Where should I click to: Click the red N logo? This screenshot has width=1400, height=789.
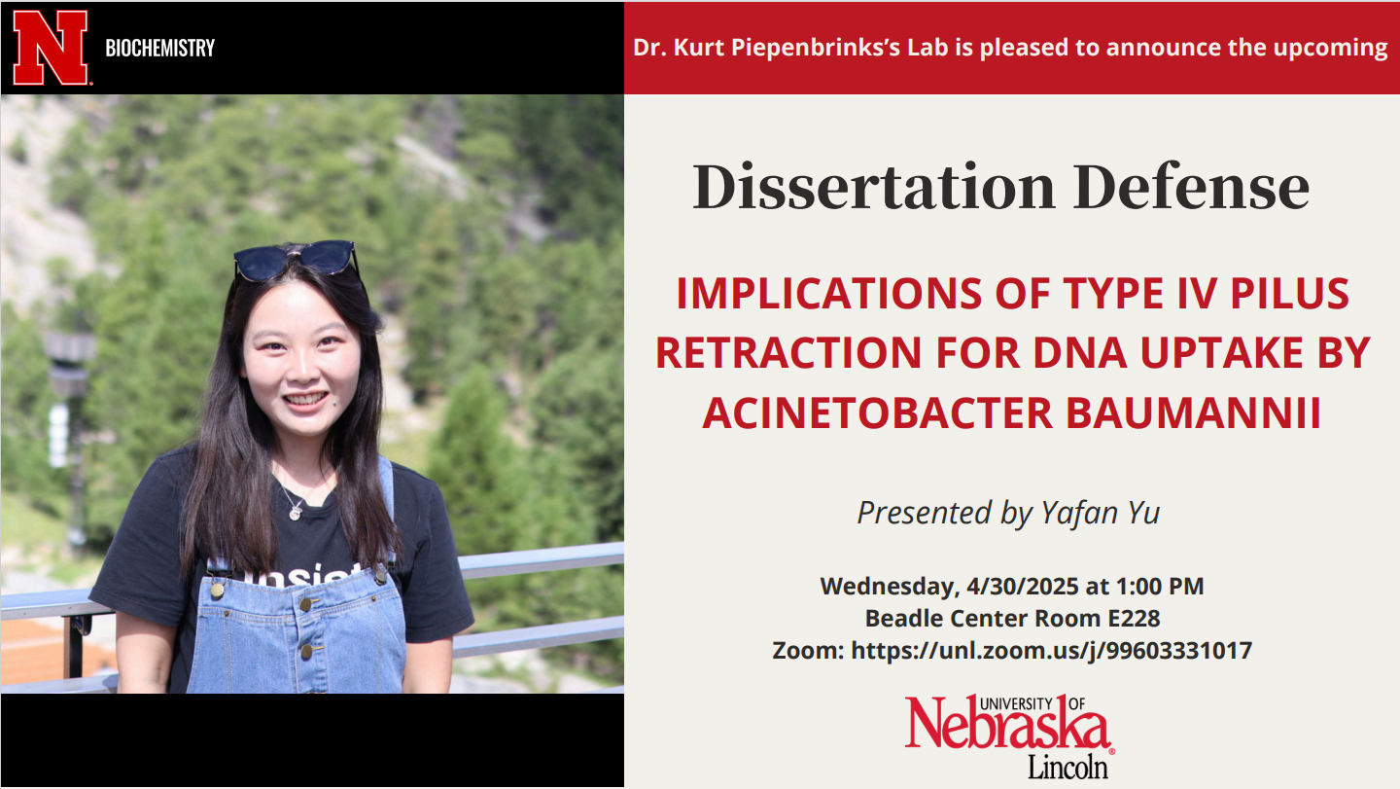click(x=50, y=48)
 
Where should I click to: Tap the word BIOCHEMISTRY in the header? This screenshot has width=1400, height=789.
click(x=160, y=48)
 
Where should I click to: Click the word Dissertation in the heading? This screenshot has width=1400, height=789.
click(x=874, y=187)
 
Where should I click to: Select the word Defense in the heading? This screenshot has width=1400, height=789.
click(x=1191, y=187)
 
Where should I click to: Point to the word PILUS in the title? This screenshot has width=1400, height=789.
click(x=1289, y=293)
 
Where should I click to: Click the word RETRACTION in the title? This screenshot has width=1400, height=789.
click(x=788, y=352)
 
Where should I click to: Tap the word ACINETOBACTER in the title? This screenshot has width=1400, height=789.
click(x=878, y=412)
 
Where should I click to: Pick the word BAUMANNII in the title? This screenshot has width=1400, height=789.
click(x=1193, y=412)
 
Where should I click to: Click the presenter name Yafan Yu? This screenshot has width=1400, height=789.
click(x=1100, y=514)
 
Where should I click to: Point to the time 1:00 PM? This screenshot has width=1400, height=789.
click(x=1159, y=587)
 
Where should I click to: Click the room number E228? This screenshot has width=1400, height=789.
click(x=1134, y=619)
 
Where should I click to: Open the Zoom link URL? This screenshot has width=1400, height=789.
click(x=1051, y=651)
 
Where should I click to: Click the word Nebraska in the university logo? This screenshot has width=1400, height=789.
click(x=1007, y=725)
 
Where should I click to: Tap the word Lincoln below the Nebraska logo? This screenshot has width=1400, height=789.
click(x=1068, y=768)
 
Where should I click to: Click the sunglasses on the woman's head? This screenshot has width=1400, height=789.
click(x=296, y=260)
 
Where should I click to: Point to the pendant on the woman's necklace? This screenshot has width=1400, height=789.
click(x=296, y=513)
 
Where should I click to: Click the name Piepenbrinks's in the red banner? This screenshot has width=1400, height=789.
click(x=815, y=48)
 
